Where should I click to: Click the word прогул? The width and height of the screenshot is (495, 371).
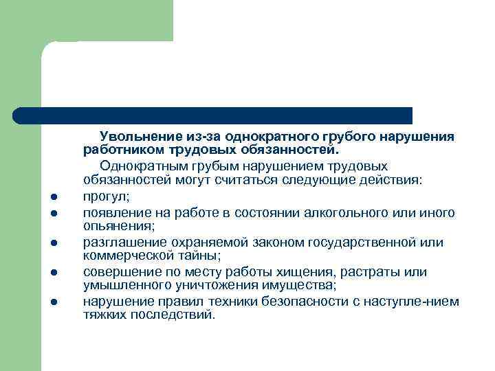(x=102, y=196)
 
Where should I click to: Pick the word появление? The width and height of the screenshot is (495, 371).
(x=114, y=212)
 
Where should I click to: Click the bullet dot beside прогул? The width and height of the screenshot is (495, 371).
(x=52, y=197)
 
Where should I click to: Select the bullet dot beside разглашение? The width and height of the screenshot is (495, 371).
(x=52, y=243)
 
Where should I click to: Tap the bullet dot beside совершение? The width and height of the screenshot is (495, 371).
(x=52, y=273)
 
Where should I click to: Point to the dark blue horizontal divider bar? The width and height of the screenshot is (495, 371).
(x=213, y=115)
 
